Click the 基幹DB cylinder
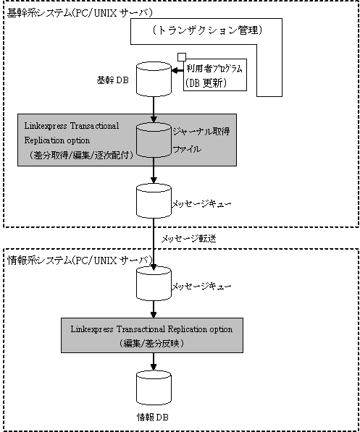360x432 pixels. pyautogui.click(x=154, y=79)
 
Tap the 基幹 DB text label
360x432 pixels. pyautogui.click(x=112, y=80)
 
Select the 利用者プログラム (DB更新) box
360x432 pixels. pyautogui.click(x=215, y=75)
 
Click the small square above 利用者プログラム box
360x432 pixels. pyautogui.click(x=182, y=56)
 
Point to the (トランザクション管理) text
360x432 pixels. pyautogui.click(x=206, y=30)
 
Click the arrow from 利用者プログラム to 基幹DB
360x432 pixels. pyautogui.click(x=177, y=71)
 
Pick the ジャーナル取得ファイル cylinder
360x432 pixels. pyautogui.click(x=154, y=140)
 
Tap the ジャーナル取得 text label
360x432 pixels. pyautogui.click(x=201, y=131)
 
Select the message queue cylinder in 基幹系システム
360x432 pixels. pyautogui.click(x=154, y=200)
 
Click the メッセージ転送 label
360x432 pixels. pyautogui.click(x=188, y=239)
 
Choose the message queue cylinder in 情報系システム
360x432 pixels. pyautogui.click(x=154, y=284)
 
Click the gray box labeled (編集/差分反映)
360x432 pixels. pyautogui.click(x=152, y=335)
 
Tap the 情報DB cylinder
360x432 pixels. pyautogui.click(x=154, y=388)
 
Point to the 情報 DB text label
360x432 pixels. pyautogui.click(x=153, y=417)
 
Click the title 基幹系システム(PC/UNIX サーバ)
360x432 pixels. pyautogui.click(x=80, y=13)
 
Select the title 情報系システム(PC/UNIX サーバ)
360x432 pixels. pyautogui.click(x=80, y=260)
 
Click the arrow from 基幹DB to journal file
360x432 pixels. pyautogui.click(x=154, y=109)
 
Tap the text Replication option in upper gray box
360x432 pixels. pyautogui.click(x=57, y=140)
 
